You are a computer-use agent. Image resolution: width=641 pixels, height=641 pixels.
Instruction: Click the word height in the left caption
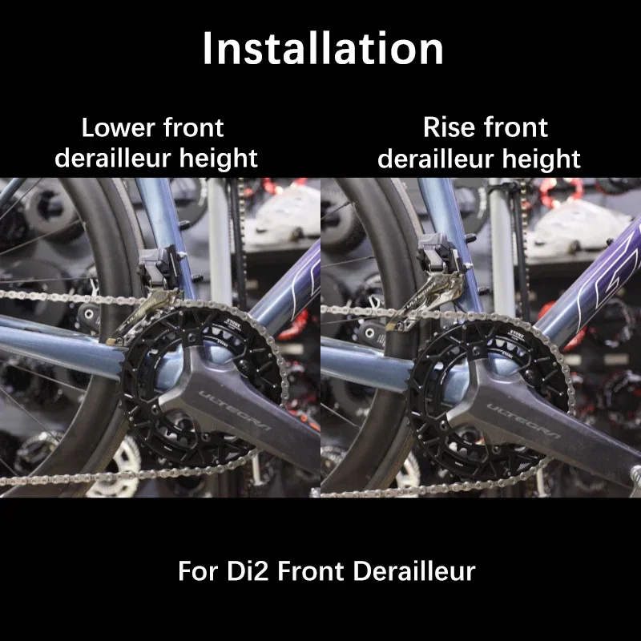coord(219,159)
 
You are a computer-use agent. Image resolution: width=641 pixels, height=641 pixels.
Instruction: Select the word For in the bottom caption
coord(195,571)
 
